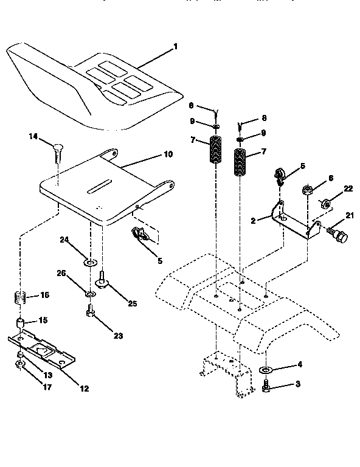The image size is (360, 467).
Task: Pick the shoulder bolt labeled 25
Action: tap(102, 280)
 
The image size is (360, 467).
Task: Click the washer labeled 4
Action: tap(266, 370)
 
